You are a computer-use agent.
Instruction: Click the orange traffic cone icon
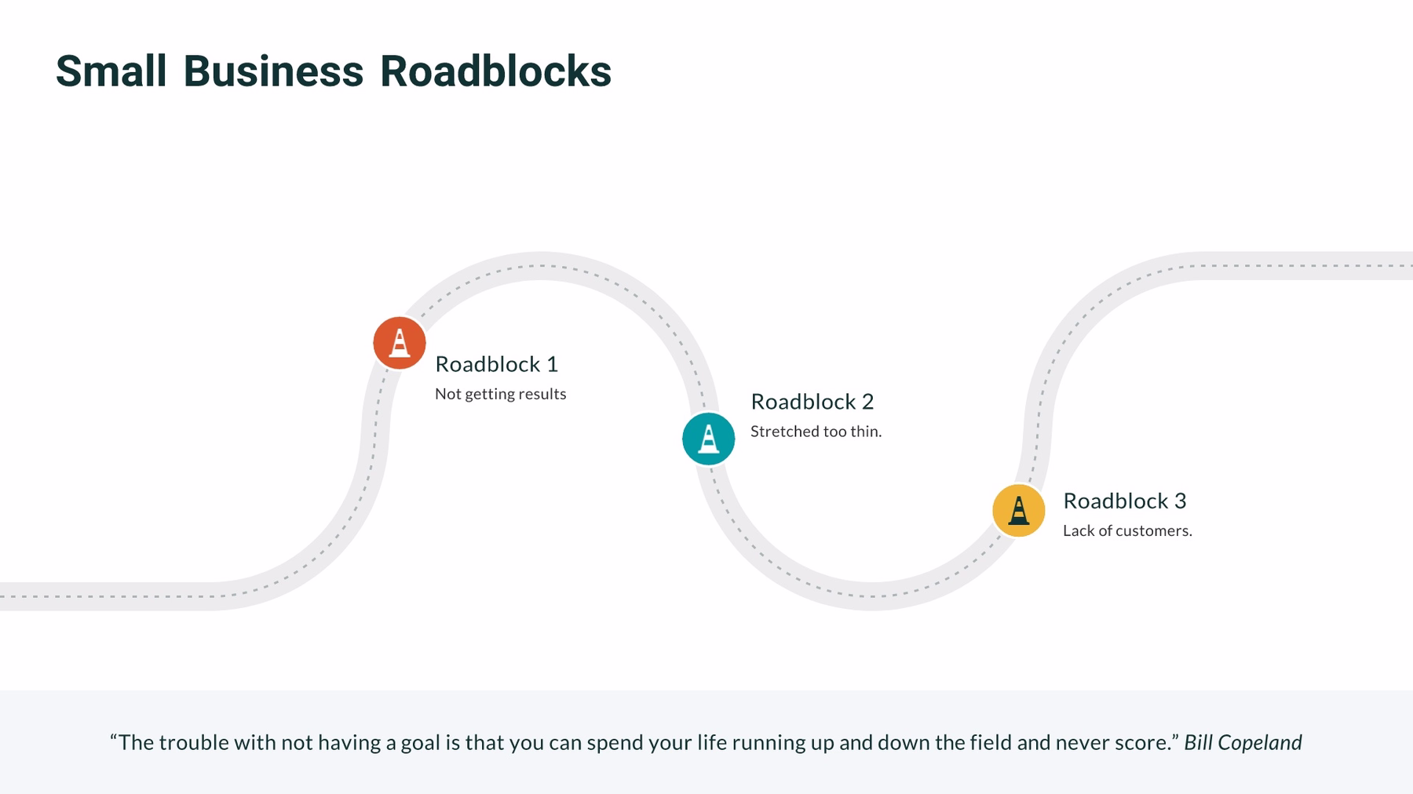[400, 343]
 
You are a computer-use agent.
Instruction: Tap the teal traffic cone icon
[708, 439]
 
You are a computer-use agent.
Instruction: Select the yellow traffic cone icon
[1018, 510]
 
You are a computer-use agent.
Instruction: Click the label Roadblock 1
[496, 364]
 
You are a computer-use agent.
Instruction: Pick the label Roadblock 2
[812, 402]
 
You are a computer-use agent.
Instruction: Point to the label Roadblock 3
[1124, 501]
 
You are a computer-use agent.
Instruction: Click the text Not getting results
[500, 394]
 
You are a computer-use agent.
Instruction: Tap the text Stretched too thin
[816, 432]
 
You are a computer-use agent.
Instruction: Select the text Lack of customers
[1126, 530]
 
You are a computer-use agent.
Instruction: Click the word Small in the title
[111, 71]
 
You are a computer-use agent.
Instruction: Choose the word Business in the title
[273, 71]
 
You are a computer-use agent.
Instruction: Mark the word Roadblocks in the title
[495, 71]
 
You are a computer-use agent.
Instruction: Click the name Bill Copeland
[1243, 742]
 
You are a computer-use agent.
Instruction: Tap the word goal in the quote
[420, 743]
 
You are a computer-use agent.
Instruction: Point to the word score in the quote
[1143, 742]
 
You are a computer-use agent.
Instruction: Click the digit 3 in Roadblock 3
[1180, 501]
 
